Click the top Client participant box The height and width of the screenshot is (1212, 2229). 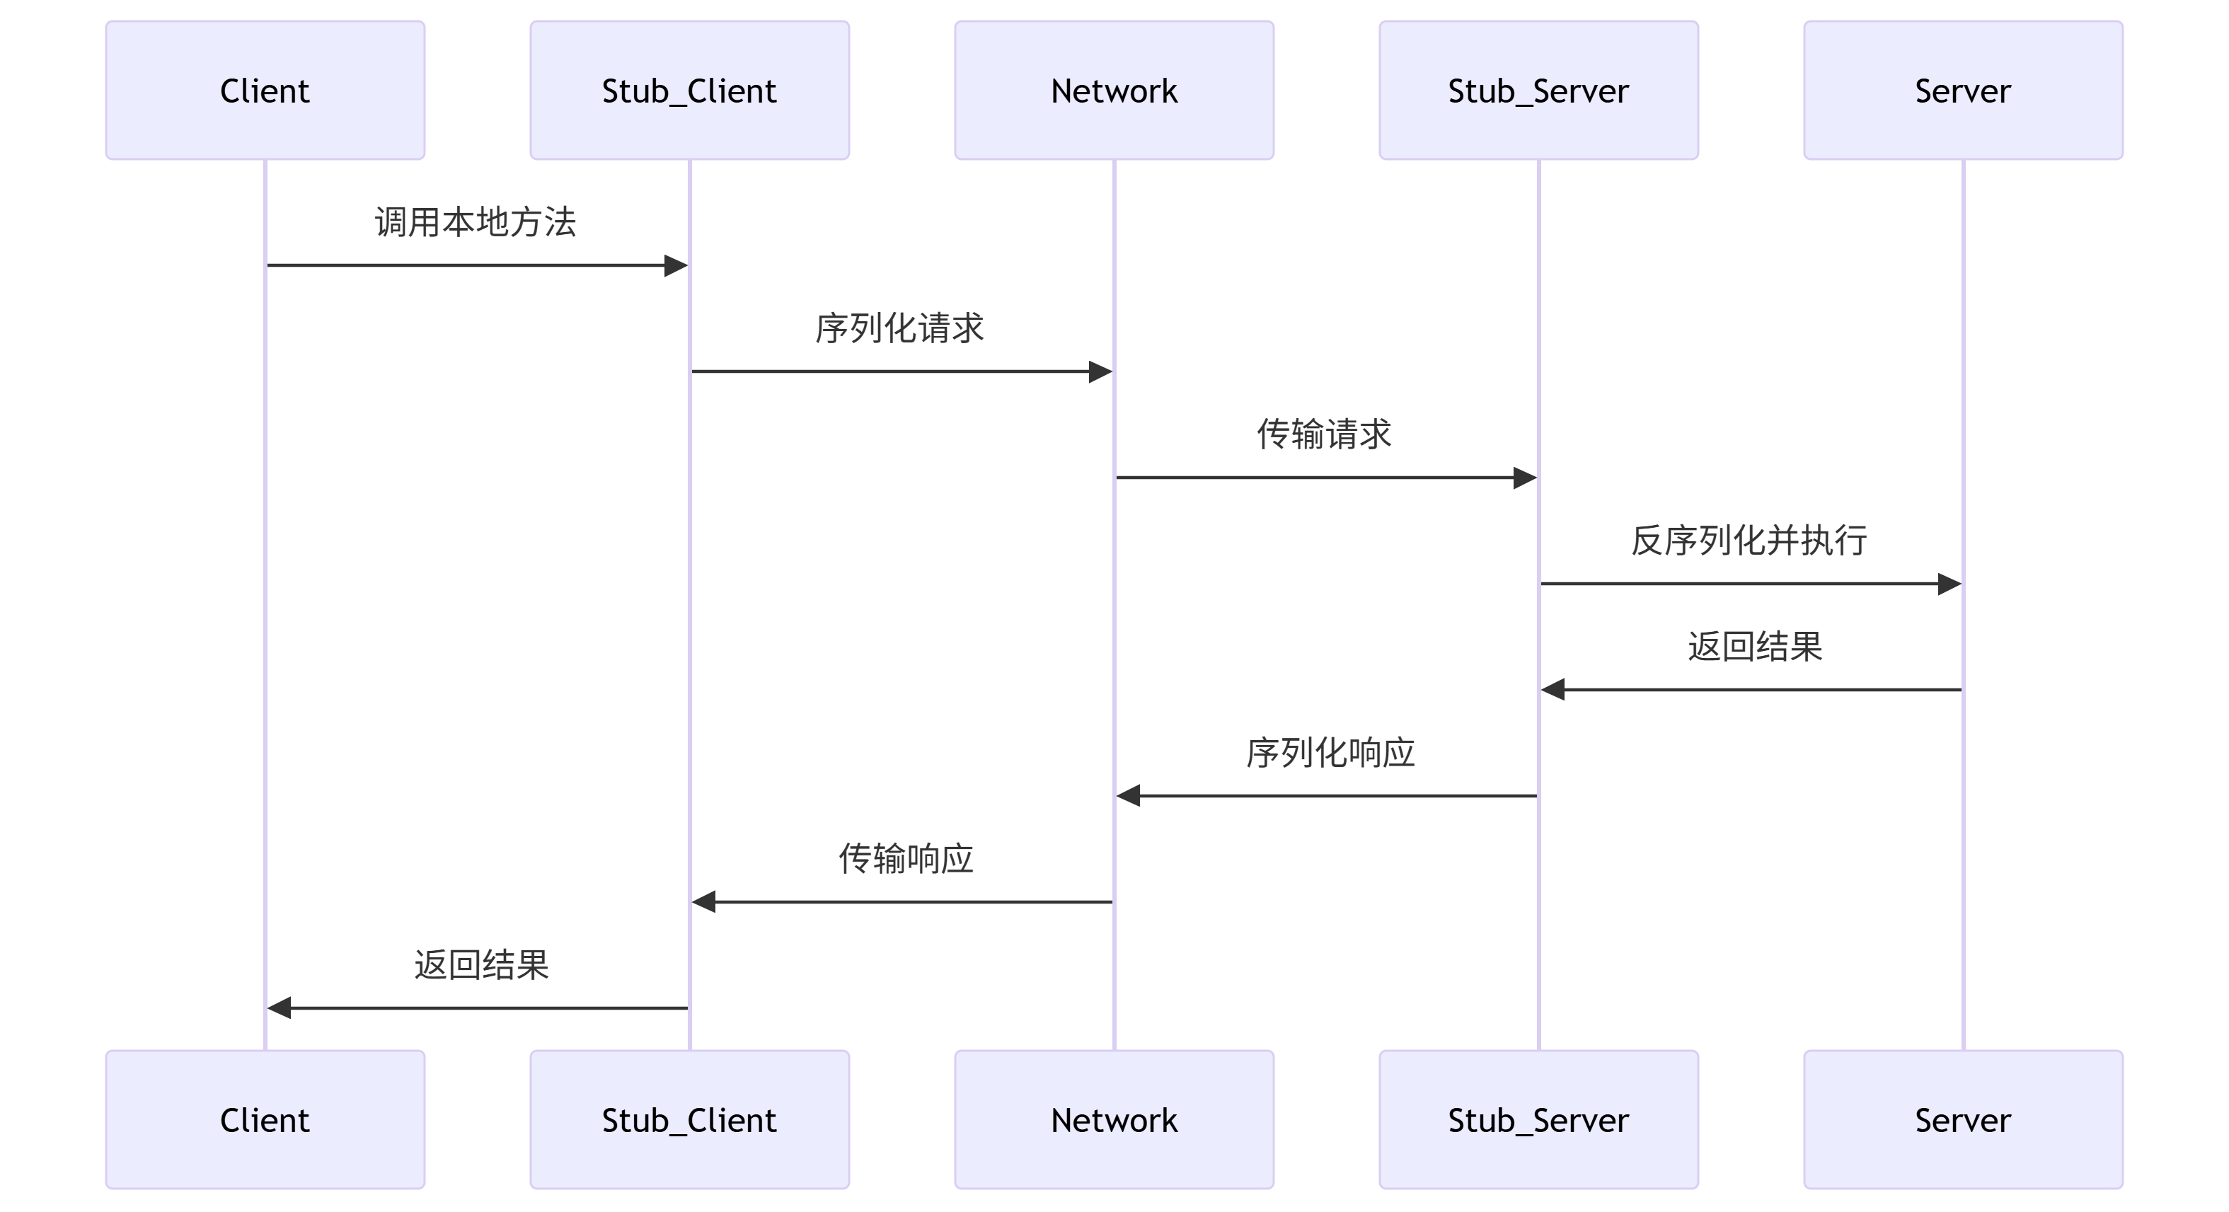(265, 90)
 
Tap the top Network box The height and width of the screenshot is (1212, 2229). (1114, 90)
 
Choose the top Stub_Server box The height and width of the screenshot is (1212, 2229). (1538, 90)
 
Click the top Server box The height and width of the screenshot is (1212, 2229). (1962, 90)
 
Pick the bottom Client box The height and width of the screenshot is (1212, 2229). (265, 1119)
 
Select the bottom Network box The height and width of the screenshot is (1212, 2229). (1114, 1119)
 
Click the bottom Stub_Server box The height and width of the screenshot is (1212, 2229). (1538, 1119)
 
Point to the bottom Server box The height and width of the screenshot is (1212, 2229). (1962, 1119)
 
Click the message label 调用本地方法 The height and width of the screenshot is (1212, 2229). (475, 222)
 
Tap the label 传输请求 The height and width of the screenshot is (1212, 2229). (1324, 434)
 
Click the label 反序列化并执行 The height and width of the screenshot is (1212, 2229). (1749, 541)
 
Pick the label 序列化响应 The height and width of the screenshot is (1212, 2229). (1330, 753)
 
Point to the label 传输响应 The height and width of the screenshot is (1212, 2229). (906, 859)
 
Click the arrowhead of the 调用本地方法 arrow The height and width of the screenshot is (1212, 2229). (676, 265)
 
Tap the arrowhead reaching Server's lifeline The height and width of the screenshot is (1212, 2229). (1949, 584)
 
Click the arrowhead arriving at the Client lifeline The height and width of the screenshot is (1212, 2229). (280, 1008)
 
